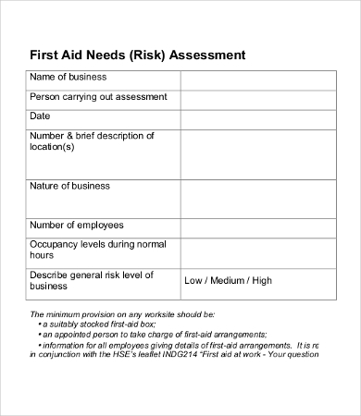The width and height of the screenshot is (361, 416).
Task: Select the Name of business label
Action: tap(70, 77)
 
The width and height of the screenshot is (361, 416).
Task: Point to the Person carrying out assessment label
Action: tap(98, 96)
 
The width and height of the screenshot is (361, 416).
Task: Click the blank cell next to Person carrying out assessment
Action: tap(257, 98)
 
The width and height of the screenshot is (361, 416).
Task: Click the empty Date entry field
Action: tap(257, 117)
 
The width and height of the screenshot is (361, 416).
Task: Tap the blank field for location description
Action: tap(257, 153)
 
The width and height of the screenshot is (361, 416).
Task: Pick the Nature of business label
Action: tap(71, 186)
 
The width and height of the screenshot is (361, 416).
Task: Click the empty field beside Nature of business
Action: tap(257, 198)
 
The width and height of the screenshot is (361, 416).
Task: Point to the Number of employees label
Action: tap(78, 225)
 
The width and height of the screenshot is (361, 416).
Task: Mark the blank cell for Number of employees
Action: tap(257, 226)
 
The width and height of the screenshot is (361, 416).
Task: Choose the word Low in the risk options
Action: tap(194, 281)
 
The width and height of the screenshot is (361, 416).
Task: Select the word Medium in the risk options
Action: tap(228, 281)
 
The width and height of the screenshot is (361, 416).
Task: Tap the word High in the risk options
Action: tap(262, 281)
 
